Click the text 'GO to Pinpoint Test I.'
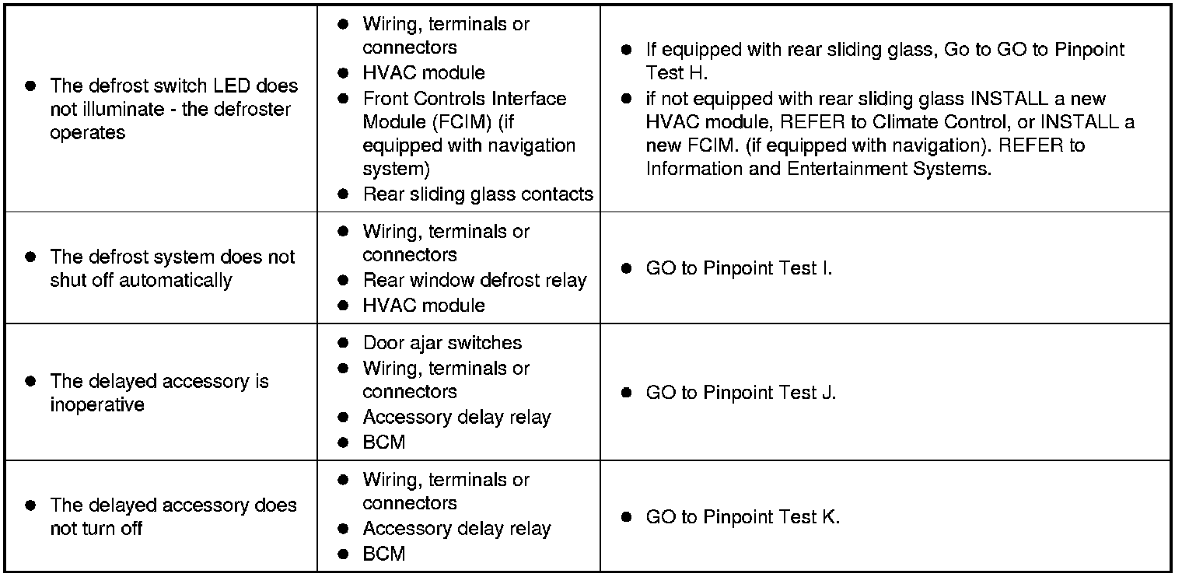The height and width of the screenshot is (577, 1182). tap(739, 268)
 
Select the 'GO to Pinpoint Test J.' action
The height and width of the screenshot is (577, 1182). tap(740, 393)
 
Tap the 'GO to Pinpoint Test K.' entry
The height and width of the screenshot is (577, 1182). tap(743, 517)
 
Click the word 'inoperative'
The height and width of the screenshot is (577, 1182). tap(97, 405)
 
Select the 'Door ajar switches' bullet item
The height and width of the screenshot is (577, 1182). tap(442, 343)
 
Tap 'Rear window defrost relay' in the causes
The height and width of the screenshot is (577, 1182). tap(474, 280)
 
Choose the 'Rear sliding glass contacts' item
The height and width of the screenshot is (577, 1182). tap(477, 194)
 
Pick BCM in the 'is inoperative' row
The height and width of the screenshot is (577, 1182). tap(384, 442)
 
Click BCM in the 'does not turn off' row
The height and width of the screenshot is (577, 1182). tap(384, 554)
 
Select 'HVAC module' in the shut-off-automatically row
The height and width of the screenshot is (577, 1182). tap(424, 305)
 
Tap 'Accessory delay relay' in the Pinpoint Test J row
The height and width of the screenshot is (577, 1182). tap(456, 417)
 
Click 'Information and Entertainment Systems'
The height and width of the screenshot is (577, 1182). tap(818, 169)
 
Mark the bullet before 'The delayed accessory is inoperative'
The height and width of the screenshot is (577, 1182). tap(30, 381)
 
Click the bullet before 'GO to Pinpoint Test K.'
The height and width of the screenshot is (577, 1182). tap(626, 517)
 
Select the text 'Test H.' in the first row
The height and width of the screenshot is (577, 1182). tap(676, 73)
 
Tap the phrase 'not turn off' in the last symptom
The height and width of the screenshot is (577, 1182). tap(96, 530)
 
